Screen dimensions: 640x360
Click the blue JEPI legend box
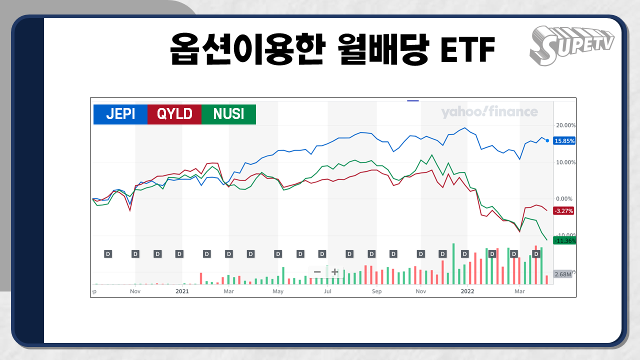120,114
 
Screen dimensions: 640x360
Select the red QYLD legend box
174,114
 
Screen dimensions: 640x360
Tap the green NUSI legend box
229,114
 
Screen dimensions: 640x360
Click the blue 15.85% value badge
564,141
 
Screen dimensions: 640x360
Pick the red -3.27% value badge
563,211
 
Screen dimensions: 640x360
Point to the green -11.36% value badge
564,240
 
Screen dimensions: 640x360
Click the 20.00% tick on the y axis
565,125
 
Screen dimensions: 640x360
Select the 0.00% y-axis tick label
564,198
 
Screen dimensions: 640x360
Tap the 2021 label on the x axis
182,291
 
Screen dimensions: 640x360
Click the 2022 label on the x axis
467,291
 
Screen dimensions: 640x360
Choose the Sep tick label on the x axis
376,291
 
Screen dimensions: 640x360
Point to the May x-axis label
278,291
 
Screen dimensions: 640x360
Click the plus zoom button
335,271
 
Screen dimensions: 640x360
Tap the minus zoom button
317,271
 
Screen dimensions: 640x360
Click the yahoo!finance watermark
489,111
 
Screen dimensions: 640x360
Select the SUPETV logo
571,45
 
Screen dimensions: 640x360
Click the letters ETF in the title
467,49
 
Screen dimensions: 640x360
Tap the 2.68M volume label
563,274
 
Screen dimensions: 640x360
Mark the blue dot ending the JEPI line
547,140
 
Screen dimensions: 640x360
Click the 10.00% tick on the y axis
565,162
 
